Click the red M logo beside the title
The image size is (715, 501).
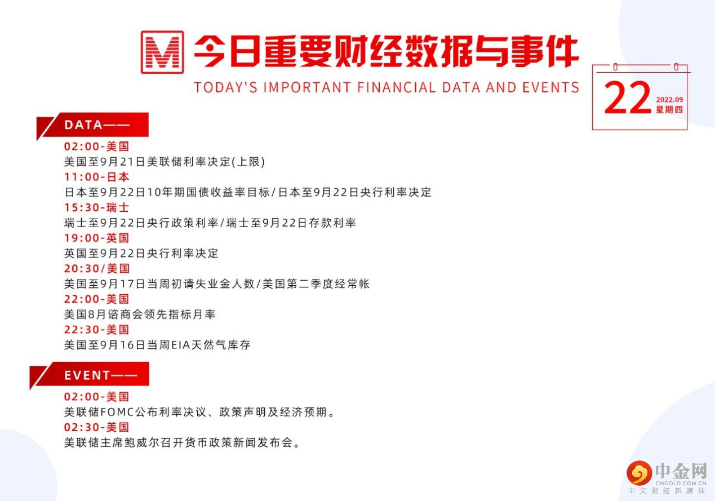tap(162, 52)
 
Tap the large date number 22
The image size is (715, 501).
tap(627, 98)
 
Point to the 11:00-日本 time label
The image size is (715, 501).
tap(96, 177)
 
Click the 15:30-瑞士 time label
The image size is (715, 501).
tap(96, 207)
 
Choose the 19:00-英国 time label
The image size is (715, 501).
tap(96, 238)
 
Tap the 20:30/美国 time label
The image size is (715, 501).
tap(96, 268)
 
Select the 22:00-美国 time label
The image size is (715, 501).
tap(96, 299)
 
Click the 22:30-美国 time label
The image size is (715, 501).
tap(96, 329)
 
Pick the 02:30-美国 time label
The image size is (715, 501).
tap(96, 427)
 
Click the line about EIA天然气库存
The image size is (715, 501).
tap(157, 344)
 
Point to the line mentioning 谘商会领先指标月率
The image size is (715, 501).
tap(140, 314)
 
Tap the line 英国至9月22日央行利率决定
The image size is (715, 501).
tap(141, 253)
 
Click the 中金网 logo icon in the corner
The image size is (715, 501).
tap(639, 473)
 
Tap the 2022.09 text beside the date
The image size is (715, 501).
tap(669, 100)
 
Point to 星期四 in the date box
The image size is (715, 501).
tap(669, 110)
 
